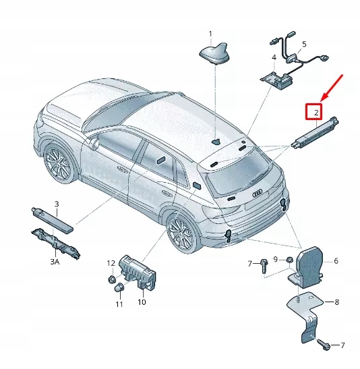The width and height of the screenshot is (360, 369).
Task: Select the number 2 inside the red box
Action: click(x=314, y=111)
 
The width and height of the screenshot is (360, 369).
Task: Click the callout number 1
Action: click(x=210, y=33)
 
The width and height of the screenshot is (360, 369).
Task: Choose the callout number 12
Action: click(x=110, y=262)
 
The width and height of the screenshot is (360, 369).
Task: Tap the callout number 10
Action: click(x=142, y=302)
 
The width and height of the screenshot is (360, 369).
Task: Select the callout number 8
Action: click(x=337, y=302)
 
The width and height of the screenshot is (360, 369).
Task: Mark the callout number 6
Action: click(x=336, y=260)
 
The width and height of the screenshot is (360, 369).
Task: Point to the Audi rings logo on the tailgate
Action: click(x=258, y=193)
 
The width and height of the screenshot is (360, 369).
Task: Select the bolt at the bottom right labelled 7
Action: click(x=323, y=345)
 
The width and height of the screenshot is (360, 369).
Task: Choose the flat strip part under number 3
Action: click(x=51, y=217)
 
